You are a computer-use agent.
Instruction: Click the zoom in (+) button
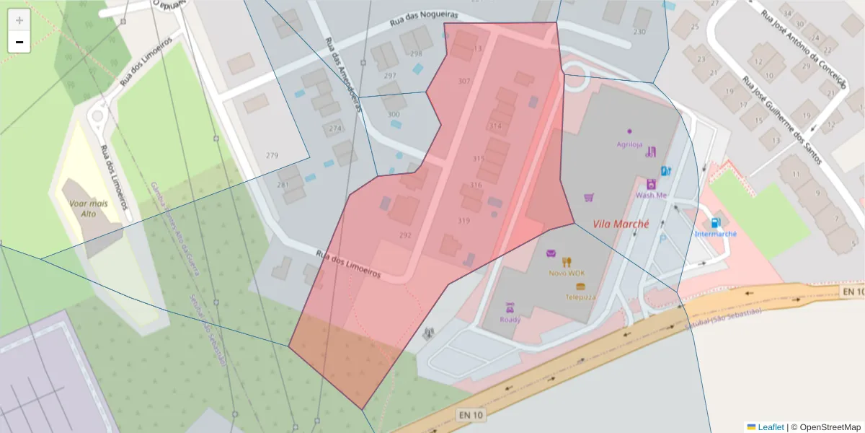(19, 20)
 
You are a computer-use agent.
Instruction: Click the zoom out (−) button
(19, 43)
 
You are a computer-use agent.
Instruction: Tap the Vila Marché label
(621, 224)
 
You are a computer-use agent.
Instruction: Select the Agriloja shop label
(629, 144)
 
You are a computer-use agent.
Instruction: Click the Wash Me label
(650, 195)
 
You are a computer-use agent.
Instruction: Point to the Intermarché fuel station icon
(715, 223)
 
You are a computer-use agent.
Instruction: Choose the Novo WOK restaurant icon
(567, 262)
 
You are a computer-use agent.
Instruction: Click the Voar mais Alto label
(89, 209)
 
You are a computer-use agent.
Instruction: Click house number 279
(272, 156)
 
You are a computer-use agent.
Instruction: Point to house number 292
(405, 235)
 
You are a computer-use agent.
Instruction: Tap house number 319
(464, 221)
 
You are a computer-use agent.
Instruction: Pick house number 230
(639, 32)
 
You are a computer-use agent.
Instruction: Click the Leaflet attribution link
(770, 427)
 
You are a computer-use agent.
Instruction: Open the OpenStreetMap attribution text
(825, 427)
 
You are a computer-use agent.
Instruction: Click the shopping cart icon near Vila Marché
(589, 197)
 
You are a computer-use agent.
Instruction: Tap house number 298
(416, 54)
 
